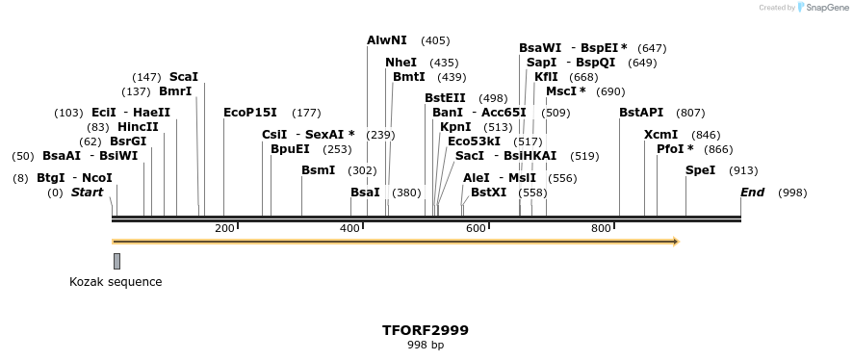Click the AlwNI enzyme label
click(386, 40)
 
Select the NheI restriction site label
click(401, 63)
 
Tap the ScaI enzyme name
click(183, 77)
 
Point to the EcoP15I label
click(249, 113)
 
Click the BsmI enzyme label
click(318, 170)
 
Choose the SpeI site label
click(700, 170)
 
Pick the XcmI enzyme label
click(660, 135)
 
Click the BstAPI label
click(640, 113)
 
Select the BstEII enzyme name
click(445, 98)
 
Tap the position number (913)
click(743, 170)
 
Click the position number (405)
click(435, 40)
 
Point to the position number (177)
click(306, 113)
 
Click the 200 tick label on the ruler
click(224, 228)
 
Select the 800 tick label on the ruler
click(601, 228)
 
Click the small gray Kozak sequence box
click(116, 261)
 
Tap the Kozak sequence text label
click(116, 282)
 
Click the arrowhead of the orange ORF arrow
click(676, 242)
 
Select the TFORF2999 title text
click(426, 330)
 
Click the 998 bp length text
click(426, 345)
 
